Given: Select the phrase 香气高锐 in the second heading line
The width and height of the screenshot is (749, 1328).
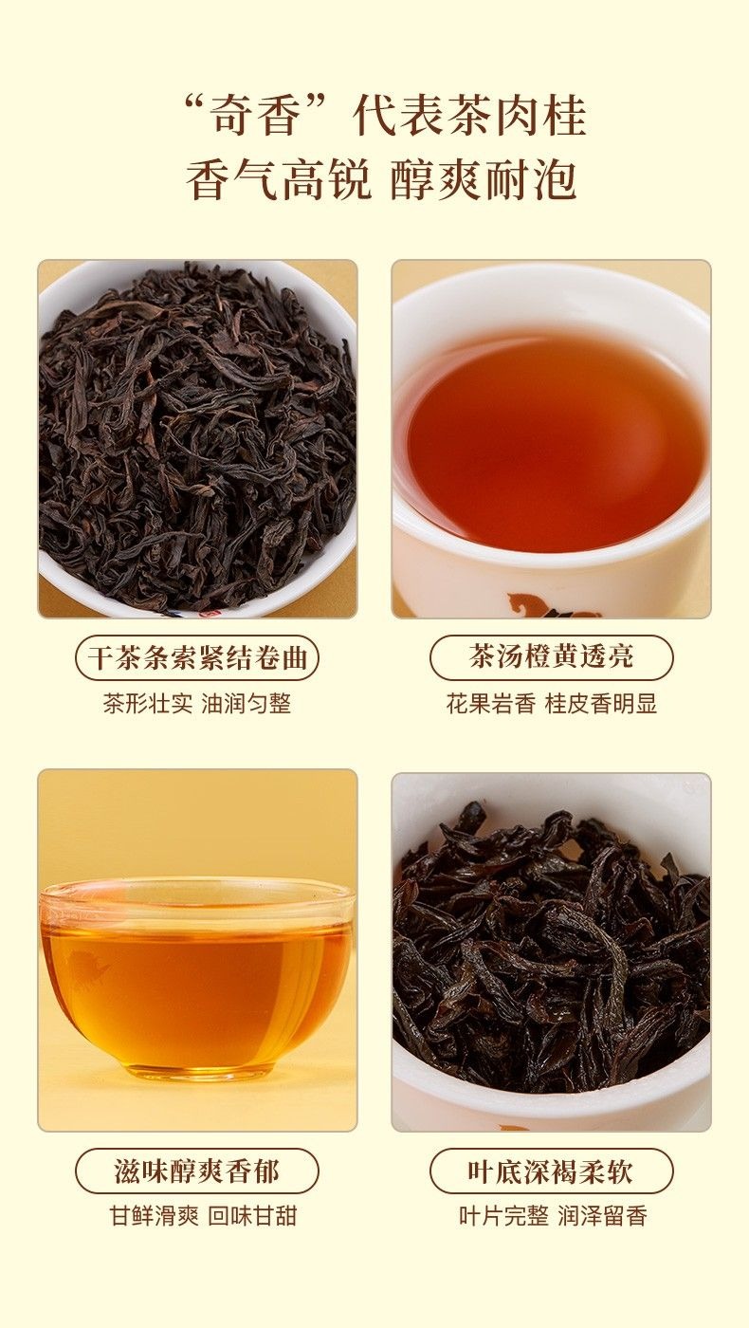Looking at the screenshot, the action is pyautogui.click(x=278, y=179).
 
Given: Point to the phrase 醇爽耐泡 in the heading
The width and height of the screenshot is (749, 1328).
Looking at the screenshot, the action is pyautogui.click(x=484, y=179).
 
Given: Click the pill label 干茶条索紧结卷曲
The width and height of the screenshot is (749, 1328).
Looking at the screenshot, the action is pyautogui.click(x=197, y=657).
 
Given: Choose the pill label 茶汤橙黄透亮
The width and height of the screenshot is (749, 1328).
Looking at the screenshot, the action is pyautogui.click(x=552, y=657).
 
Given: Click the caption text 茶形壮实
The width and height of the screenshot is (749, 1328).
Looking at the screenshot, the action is pyautogui.click(x=148, y=704).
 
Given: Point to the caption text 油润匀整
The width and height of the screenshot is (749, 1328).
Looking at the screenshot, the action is pyautogui.click(x=247, y=704).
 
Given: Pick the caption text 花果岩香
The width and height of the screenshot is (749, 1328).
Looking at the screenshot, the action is pyautogui.click(x=490, y=704).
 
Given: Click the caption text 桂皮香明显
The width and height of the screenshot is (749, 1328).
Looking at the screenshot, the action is pyautogui.click(x=601, y=704).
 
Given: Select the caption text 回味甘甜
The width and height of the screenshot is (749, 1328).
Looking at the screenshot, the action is pyautogui.click(x=252, y=1216).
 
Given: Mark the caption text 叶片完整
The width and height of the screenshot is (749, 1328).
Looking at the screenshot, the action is pyautogui.click(x=503, y=1216).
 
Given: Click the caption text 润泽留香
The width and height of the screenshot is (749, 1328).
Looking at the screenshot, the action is pyautogui.click(x=602, y=1216).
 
